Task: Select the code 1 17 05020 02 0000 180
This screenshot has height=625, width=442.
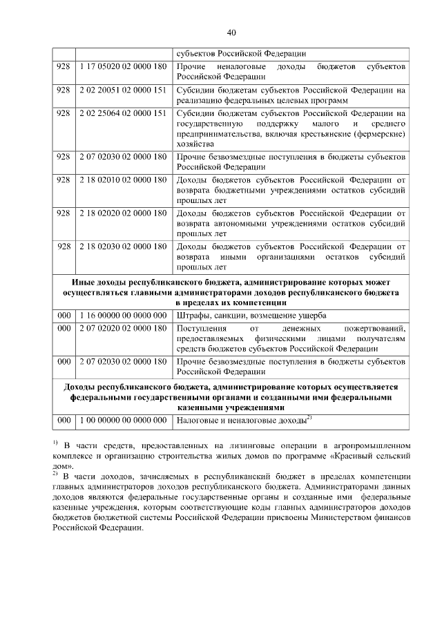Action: (123, 67)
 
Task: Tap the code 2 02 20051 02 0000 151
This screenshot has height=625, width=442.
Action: (123, 90)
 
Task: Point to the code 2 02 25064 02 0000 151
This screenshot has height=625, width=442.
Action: (123, 113)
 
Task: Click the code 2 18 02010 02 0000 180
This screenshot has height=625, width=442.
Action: (123, 180)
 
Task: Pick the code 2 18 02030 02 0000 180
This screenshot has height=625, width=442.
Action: (123, 246)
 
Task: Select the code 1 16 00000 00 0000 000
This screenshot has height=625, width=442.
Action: (123, 315)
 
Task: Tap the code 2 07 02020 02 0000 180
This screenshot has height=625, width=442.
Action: (123, 328)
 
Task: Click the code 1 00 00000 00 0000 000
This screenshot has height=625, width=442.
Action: (123, 419)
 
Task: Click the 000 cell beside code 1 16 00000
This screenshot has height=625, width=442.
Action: (64, 315)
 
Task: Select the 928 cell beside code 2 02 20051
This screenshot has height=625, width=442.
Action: (64, 90)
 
